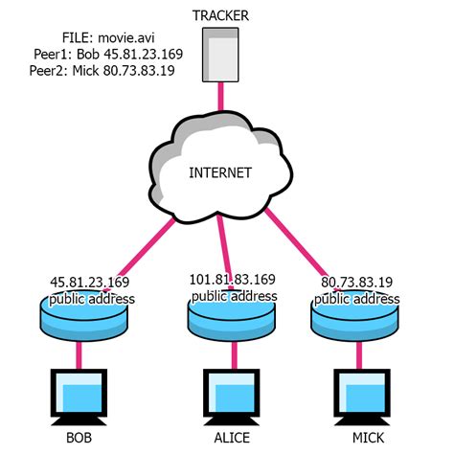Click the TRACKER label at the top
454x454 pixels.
click(226, 15)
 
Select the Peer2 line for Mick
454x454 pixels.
click(102, 72)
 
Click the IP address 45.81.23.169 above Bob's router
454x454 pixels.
click(89, 283)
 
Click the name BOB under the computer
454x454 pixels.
click(81, 440)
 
